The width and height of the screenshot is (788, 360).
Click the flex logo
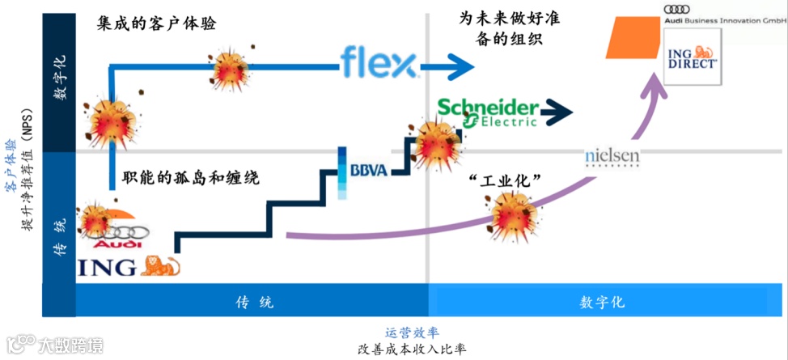coord(378,62)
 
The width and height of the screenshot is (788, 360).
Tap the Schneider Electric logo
coord(488,112)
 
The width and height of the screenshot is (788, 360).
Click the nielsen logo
coord(612,155)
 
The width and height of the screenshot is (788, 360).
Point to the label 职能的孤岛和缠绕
coord(190,176)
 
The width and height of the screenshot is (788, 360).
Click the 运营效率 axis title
coord(413,332)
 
